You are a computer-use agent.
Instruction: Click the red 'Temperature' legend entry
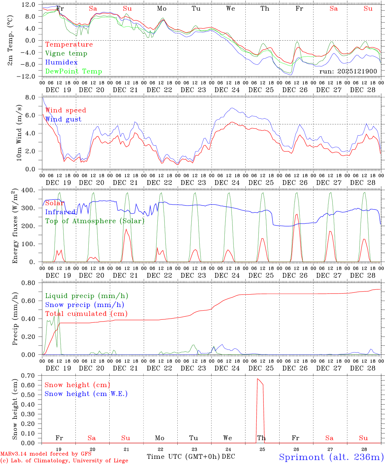[69, 44]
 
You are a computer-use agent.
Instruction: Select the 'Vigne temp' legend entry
[66, 53]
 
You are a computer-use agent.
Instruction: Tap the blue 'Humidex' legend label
[61, 63]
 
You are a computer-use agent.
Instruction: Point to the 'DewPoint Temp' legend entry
[74, 72]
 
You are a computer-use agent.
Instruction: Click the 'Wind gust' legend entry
[63, 119]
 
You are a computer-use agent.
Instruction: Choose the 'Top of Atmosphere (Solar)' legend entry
[95, 221]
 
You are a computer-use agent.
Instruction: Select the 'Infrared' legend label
[60, 212]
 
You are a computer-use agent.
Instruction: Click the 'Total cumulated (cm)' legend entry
[86, 314]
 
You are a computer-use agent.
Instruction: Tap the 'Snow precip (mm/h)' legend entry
[84, 305]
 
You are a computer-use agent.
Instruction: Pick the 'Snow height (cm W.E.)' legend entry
[86, 394]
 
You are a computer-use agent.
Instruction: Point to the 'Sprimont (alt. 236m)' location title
[331, 457]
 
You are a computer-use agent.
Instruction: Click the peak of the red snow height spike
[257, 379]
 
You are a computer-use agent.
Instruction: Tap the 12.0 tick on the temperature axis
[29, 5]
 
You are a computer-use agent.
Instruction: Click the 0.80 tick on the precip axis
[28, 283]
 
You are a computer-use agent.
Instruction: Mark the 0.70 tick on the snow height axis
[28, 375]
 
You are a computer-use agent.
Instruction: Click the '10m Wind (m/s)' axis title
[19, 133]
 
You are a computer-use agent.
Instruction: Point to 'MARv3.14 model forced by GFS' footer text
[46, 454]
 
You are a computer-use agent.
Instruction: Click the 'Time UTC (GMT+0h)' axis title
[183, 457]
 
